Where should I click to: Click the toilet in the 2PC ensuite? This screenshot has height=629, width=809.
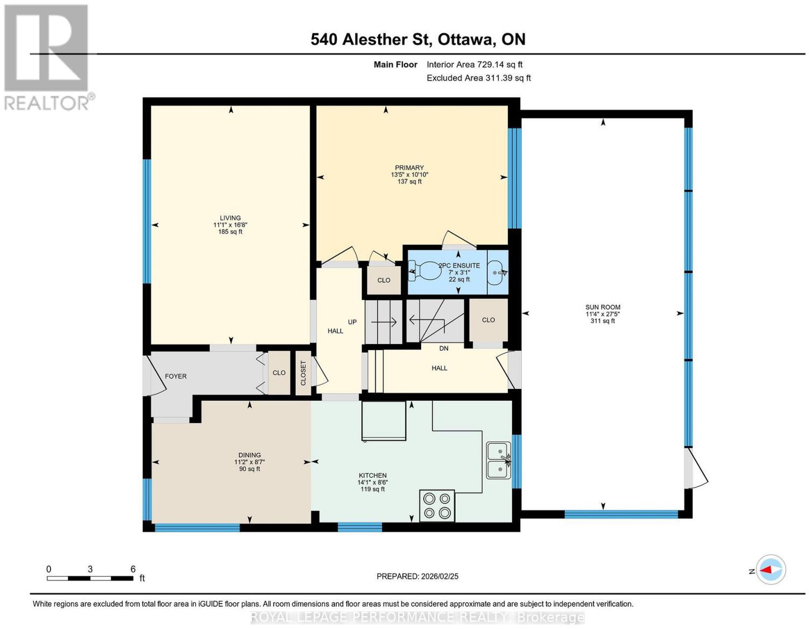tap(424, 271)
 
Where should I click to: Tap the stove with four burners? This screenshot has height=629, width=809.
tap(437, 506)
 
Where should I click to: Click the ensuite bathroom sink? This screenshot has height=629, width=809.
tap(498, 273)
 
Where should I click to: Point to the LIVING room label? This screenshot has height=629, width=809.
tap(230, 218)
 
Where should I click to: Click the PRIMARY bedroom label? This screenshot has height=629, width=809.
tap(410, 167)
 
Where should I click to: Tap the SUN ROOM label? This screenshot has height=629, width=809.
tap(603, 307)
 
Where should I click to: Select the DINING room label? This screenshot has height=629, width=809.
tap(249, 455)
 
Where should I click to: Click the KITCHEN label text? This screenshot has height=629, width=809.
tap(373, 476)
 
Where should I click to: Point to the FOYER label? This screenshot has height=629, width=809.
tap(176, 376)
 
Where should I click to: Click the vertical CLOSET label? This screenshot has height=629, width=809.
tap(303, 373)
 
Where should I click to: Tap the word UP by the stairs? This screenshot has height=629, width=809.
tap(352, 322)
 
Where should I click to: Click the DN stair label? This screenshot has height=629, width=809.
tap(444, 348)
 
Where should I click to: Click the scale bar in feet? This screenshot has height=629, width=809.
tap(90, 578)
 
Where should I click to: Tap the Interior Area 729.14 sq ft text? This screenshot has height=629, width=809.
tap(475, 64)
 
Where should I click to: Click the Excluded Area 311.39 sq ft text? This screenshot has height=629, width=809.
tap(479, 78)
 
